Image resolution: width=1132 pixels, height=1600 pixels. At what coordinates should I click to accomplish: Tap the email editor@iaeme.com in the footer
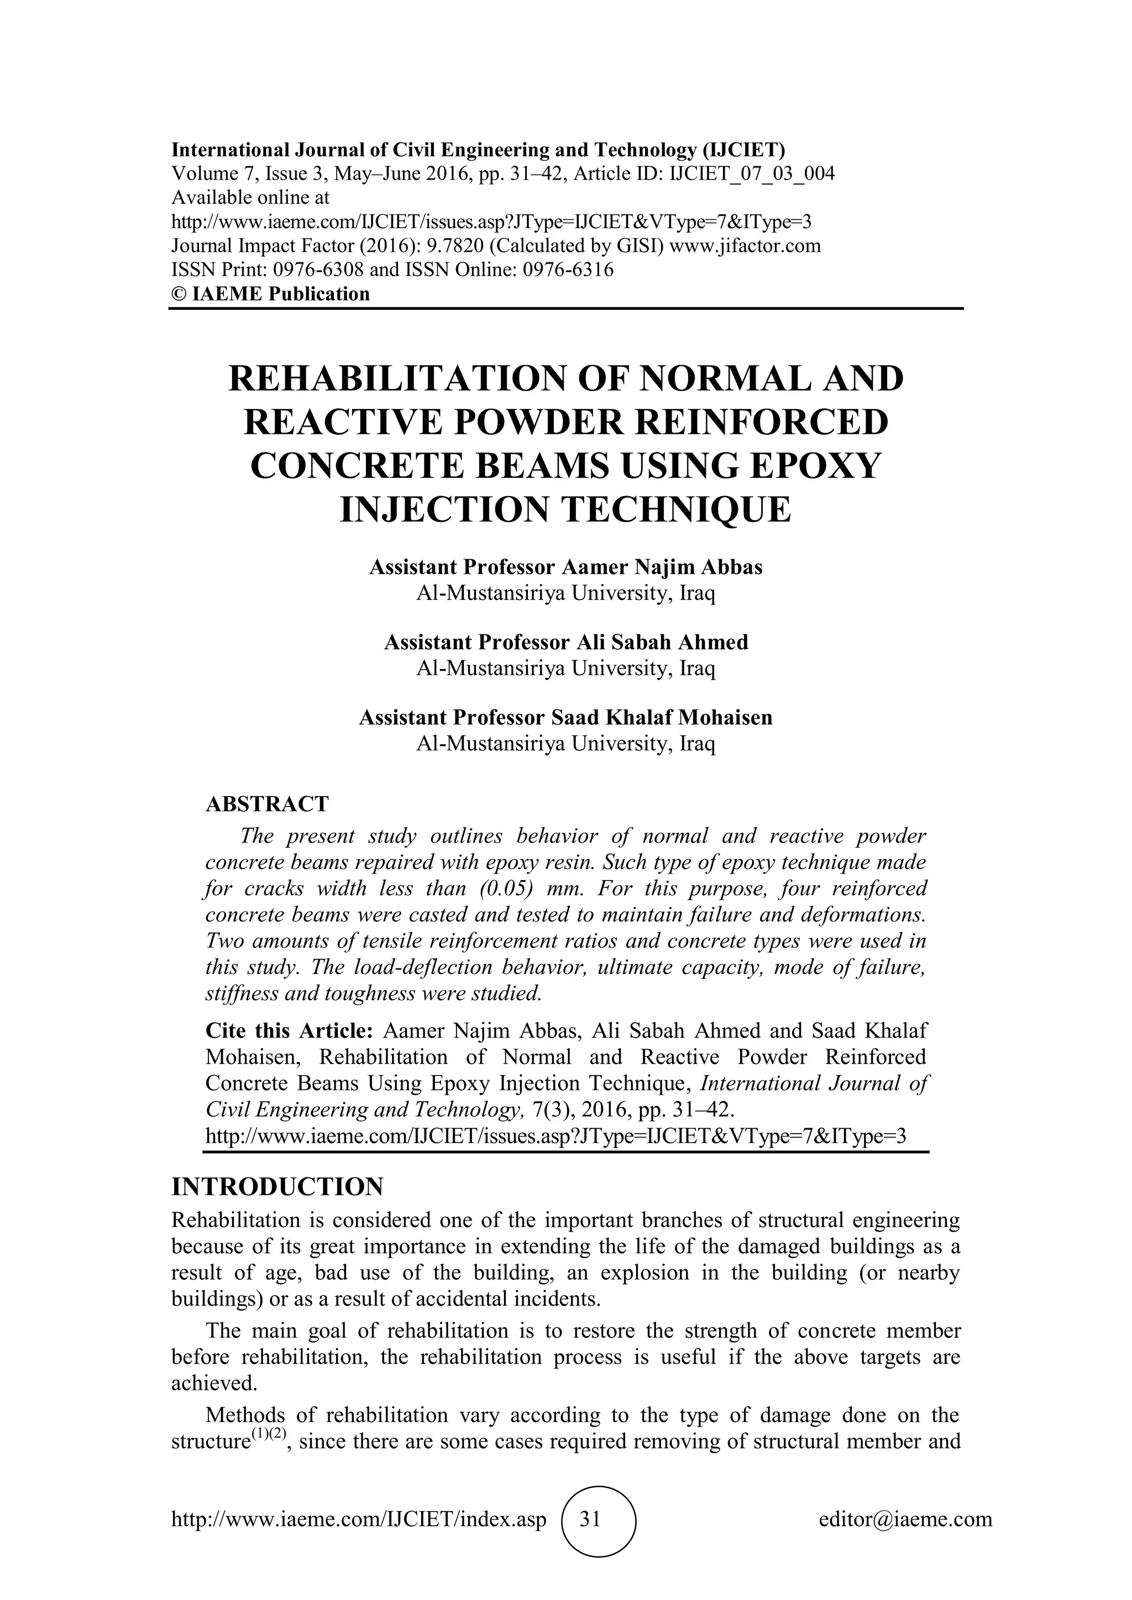click(x=905, y=1520)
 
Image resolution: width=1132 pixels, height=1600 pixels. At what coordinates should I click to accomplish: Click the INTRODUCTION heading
click(x=277, y=1186)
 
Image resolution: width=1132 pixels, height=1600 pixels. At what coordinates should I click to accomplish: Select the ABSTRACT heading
click(x=267, y=804)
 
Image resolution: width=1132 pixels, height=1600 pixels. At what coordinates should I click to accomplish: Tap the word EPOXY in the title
click(x=827, y=466)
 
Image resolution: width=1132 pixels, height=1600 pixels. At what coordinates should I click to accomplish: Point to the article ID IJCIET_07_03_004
click(x=751, y=173)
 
